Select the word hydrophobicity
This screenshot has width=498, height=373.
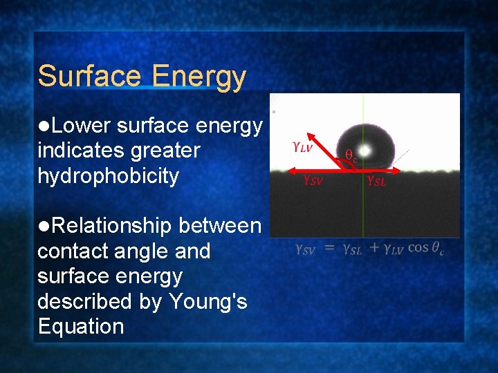[x=108, y=176]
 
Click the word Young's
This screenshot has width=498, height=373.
[x=210, y=302]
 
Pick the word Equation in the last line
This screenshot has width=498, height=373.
[x=81, y=327]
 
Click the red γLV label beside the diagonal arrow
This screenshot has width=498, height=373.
[x=302, y=146]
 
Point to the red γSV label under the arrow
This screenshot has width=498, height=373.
[x=312, y=180]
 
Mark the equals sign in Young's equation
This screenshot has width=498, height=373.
[x=330, y=248]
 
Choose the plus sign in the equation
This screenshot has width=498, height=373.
[x=373, y=248]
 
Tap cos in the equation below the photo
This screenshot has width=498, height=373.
[x=418, y=247]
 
